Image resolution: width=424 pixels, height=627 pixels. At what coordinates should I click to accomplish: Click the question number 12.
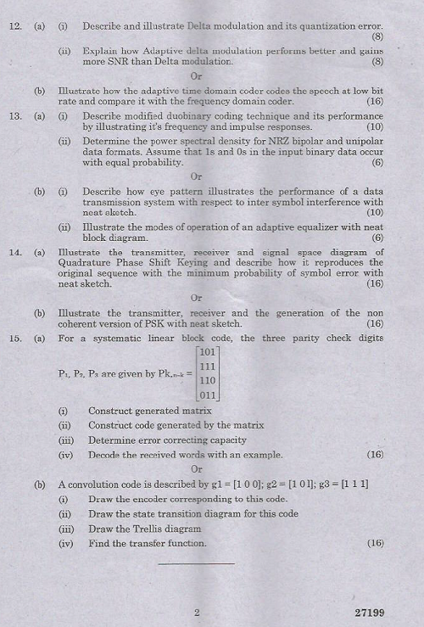[x=14, y=26]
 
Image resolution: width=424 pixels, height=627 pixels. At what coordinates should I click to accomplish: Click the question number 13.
[x=14, y=115]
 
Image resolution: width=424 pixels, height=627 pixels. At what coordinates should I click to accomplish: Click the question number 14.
[x=14, y=252]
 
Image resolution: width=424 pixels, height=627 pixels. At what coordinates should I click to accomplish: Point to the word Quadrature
[x=86, y=262]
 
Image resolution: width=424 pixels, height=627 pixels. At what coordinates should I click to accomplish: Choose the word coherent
[x=79, y=324]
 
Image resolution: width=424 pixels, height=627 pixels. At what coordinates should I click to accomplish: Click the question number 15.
[x=14, y=338]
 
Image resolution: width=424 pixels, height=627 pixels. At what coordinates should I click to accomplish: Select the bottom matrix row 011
[x=208, y=395]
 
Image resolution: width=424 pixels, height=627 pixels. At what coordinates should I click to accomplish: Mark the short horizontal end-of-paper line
[x=196, y=562]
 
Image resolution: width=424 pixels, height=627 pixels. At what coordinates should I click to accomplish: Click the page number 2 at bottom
[x=196, y=612]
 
